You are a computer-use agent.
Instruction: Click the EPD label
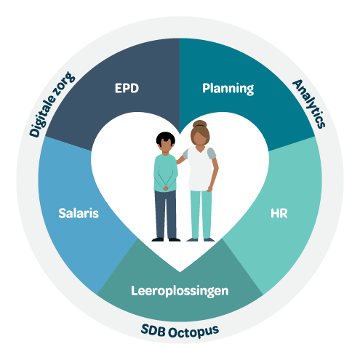pyautogui.click(x=127, y=88)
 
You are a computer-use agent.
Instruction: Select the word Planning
pyautogui.click(x=228, y=89)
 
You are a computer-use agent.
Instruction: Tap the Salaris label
pyautogui.click(x=79, y=213)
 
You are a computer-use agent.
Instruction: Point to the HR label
pyautogui.click(x=279, y=213)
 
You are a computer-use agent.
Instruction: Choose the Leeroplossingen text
pyautogui.click(x=180, y=291)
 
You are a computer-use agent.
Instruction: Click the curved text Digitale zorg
pyautogui.click(x=52, y=104)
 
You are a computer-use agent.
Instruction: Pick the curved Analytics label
pyautogui.click(x=309, y=104)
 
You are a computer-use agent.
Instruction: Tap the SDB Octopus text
pyautogui.click(x=180, y=331)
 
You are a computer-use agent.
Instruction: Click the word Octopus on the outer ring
pyautogui.click(x=193, y=332)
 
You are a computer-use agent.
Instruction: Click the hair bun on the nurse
pyautogui.click(x=200, y=124)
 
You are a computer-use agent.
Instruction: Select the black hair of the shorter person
pyautogui.click(x=166, y=137)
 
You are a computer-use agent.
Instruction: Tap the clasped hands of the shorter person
pyautogui.click(x=166, y=188)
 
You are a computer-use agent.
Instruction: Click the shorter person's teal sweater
pyautogui.click(x=166, y=172)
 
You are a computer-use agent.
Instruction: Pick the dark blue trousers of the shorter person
pyautogui.click(x=166, y=215)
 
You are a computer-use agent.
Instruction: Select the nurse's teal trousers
pyautogui.click(x=201, y=215)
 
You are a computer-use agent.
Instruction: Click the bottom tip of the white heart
pyautogui.click(x=180, y=272)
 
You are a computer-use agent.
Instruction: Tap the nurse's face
pyautogui.click(x=200, y=137)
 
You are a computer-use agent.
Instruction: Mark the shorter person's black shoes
pyautogui.click(x=166, y=240)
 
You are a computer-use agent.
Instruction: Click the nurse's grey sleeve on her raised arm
pyautogui.click(x=185, y=154)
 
